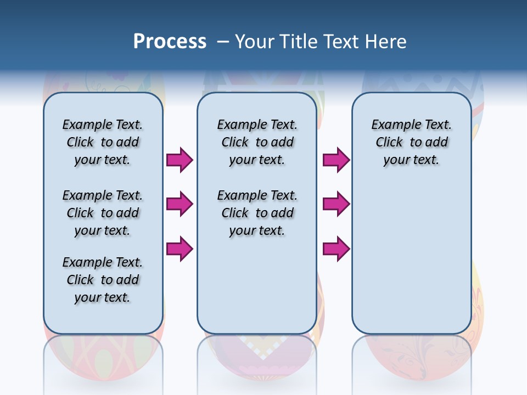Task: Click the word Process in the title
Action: click(170, 42)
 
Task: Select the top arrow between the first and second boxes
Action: click(180, 160)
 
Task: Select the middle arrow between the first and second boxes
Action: click(180, 204)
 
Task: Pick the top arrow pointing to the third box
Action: click(336, 160)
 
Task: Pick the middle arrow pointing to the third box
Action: click(336, 204)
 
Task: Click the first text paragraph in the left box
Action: click(103, 142)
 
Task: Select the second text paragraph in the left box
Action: click(103, 213)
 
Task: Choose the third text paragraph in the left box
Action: click(103, 280)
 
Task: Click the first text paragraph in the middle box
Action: click(257, 142)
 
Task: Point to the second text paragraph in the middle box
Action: click(257, 213)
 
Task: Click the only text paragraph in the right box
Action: click(411, 142)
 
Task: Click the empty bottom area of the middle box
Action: click(257, 291)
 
